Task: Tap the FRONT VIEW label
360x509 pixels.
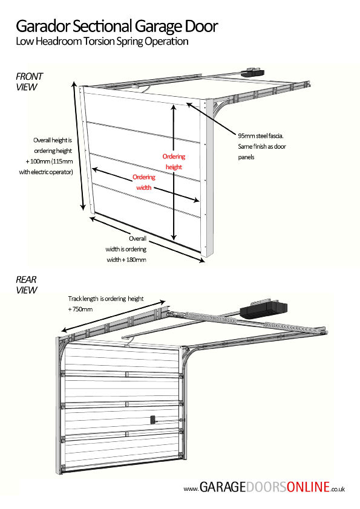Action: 29,82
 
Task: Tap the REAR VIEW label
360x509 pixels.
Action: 27,285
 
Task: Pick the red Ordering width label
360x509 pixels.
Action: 144,182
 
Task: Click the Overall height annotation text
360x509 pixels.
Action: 53,156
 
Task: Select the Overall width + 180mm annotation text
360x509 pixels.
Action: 127,249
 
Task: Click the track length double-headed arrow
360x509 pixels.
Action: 113,314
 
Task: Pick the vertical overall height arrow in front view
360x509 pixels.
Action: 82,148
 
